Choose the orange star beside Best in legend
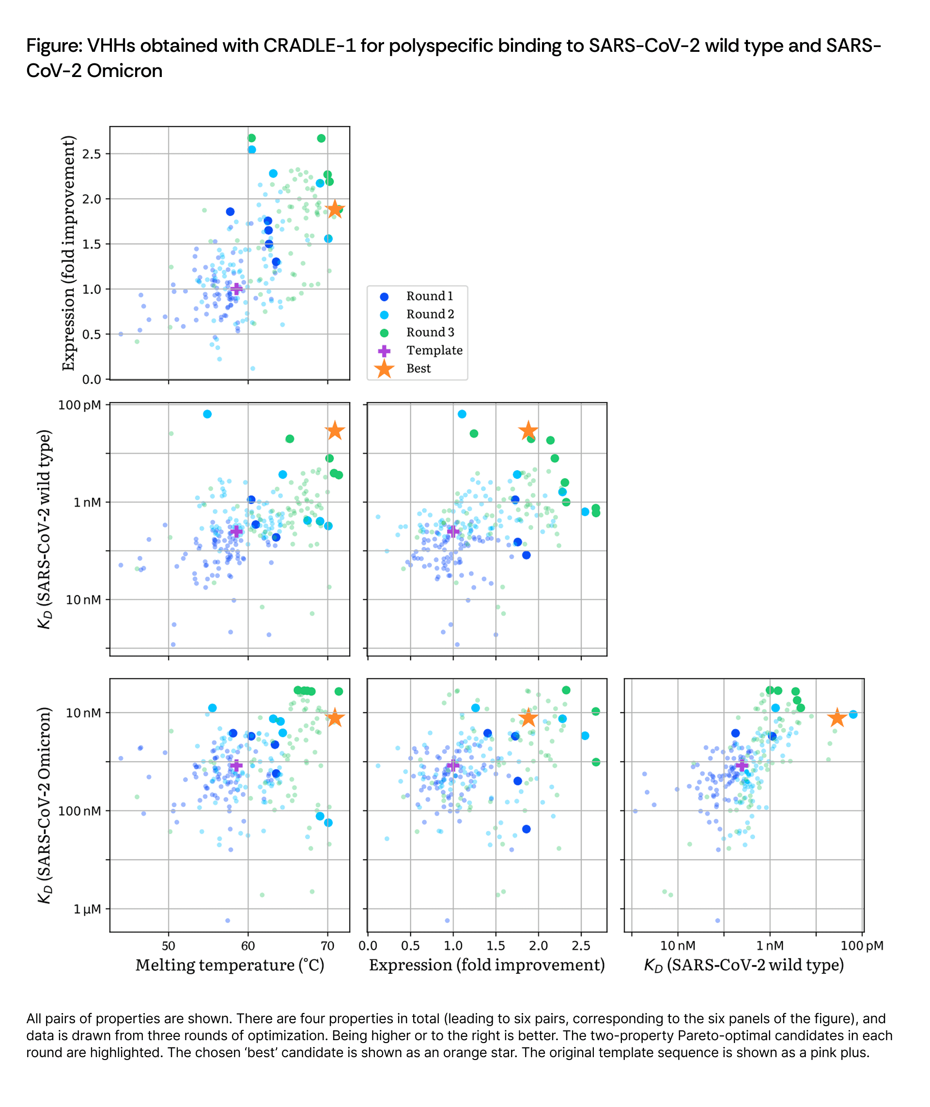coord(384,369)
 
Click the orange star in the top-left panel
coord(335,210)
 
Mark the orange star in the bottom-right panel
coord(837,718)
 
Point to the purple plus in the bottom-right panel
coord(742,766)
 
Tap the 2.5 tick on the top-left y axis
coord(92,154)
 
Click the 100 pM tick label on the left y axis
coord(79,405)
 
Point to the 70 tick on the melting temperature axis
coord(327,946)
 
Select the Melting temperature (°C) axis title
coord(230,965)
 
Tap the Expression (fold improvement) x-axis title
coord(487,965)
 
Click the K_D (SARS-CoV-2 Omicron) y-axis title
coord(46,805)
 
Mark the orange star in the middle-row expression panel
coord(528,431)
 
